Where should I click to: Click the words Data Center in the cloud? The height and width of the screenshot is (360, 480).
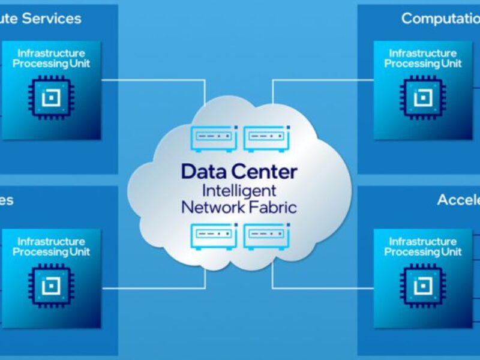tap(239, 172)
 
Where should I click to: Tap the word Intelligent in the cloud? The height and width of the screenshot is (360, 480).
tap(239, 191)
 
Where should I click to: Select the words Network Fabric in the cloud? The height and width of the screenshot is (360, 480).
tap(239, 208)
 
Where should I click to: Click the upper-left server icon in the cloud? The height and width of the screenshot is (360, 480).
tap(213, 137)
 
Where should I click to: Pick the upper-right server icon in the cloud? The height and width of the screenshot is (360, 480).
tap(266, 137)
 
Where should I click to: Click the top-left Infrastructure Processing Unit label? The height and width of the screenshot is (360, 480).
tap(51, 58)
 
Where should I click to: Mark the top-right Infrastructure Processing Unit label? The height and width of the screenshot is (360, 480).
tap(423, 58)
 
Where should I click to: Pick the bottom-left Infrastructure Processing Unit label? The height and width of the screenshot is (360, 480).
tap(51, 247)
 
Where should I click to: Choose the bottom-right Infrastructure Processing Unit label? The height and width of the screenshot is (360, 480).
tap(423, 247)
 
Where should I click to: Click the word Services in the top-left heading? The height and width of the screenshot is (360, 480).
tap(52, 19)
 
